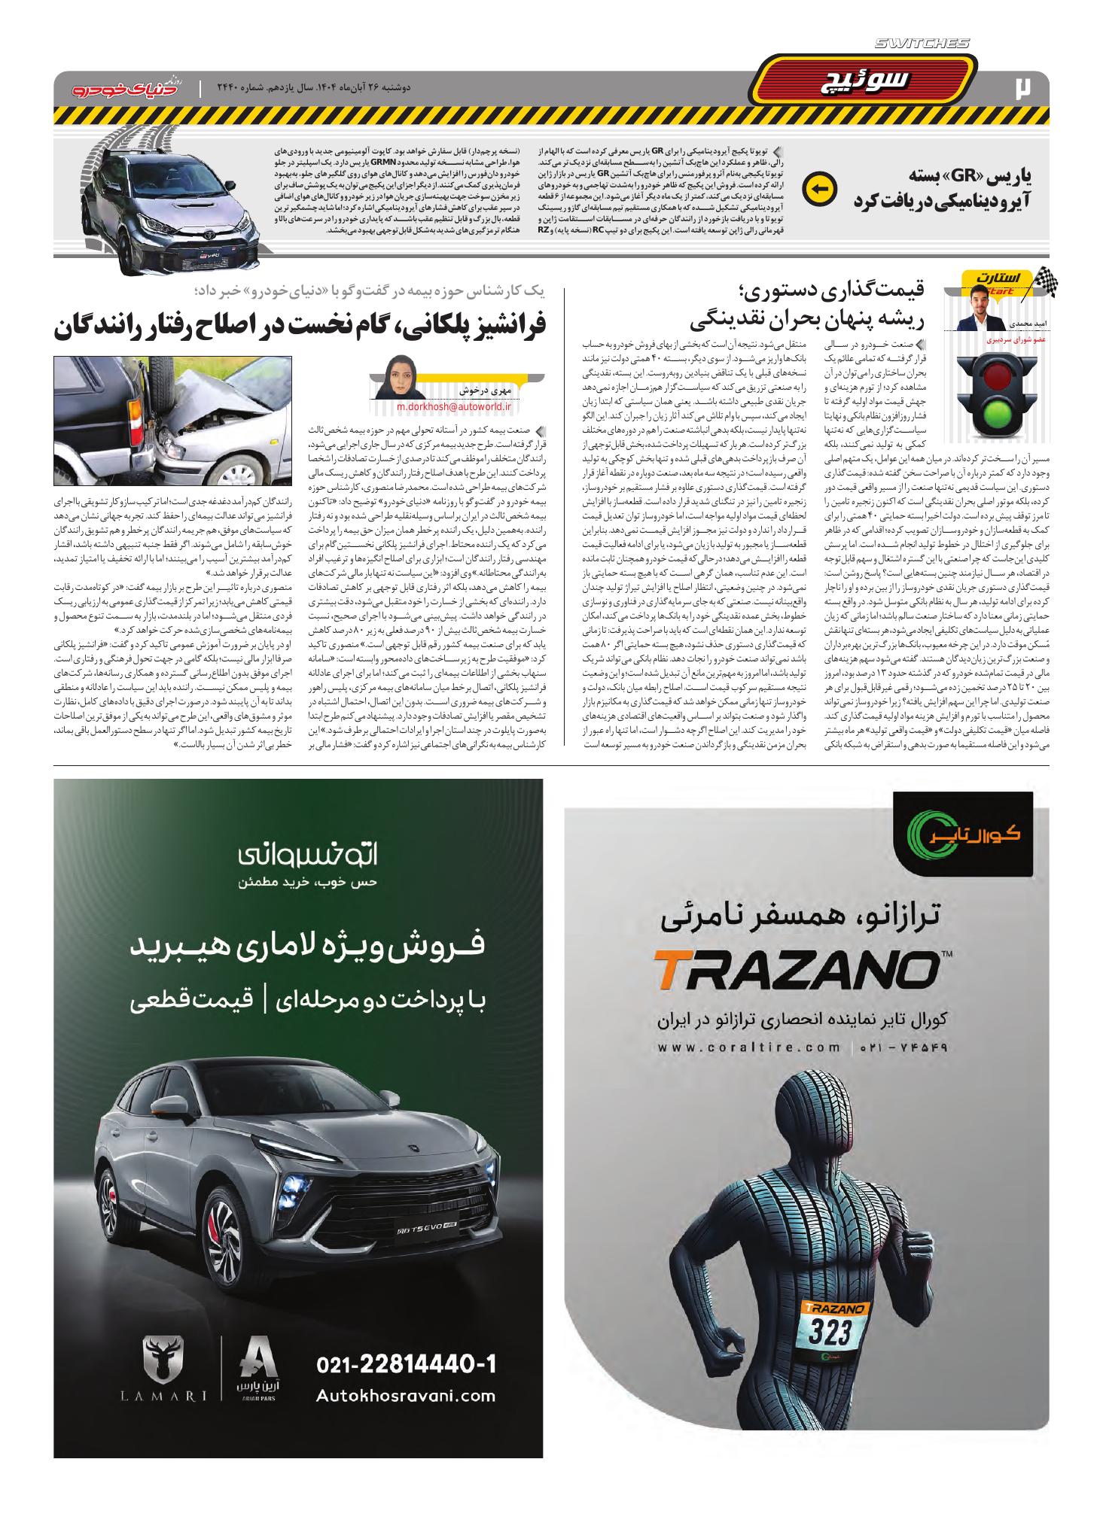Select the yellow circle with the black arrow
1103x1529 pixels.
pyautogui.click(x=818, y=189)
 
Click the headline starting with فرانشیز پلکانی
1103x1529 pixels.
pyautogui.click(x=300, y=326)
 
